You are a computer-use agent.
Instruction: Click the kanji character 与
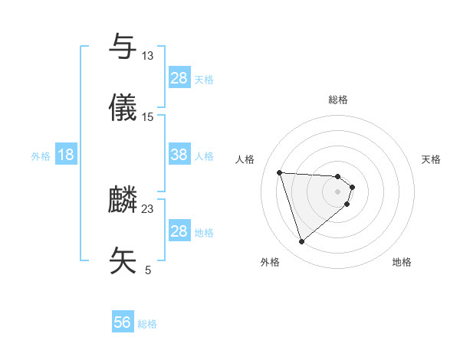(x=124, y=47)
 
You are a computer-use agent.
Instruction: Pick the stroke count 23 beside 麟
(x=148, y=208)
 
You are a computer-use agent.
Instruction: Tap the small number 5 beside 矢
(x=148, y=270)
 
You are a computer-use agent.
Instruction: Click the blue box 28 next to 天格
(x=179, y=78)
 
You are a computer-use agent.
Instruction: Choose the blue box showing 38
(x=179, y=155)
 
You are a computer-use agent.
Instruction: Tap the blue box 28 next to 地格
(x=179, y=231)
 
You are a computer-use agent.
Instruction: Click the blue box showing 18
(x=66, y=155)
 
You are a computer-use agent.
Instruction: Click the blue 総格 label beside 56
(x=147, y=324)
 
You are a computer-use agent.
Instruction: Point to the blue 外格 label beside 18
(x=41, y=155)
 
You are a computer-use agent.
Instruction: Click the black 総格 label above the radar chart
(x=338, y=100)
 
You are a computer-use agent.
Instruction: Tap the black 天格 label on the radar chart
(x=431, y=159)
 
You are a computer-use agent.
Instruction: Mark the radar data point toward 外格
(x=301, y=242)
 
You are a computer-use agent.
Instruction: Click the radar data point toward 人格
(x=280, y=172)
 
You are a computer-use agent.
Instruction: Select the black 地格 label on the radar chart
(x=402, y=262)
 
